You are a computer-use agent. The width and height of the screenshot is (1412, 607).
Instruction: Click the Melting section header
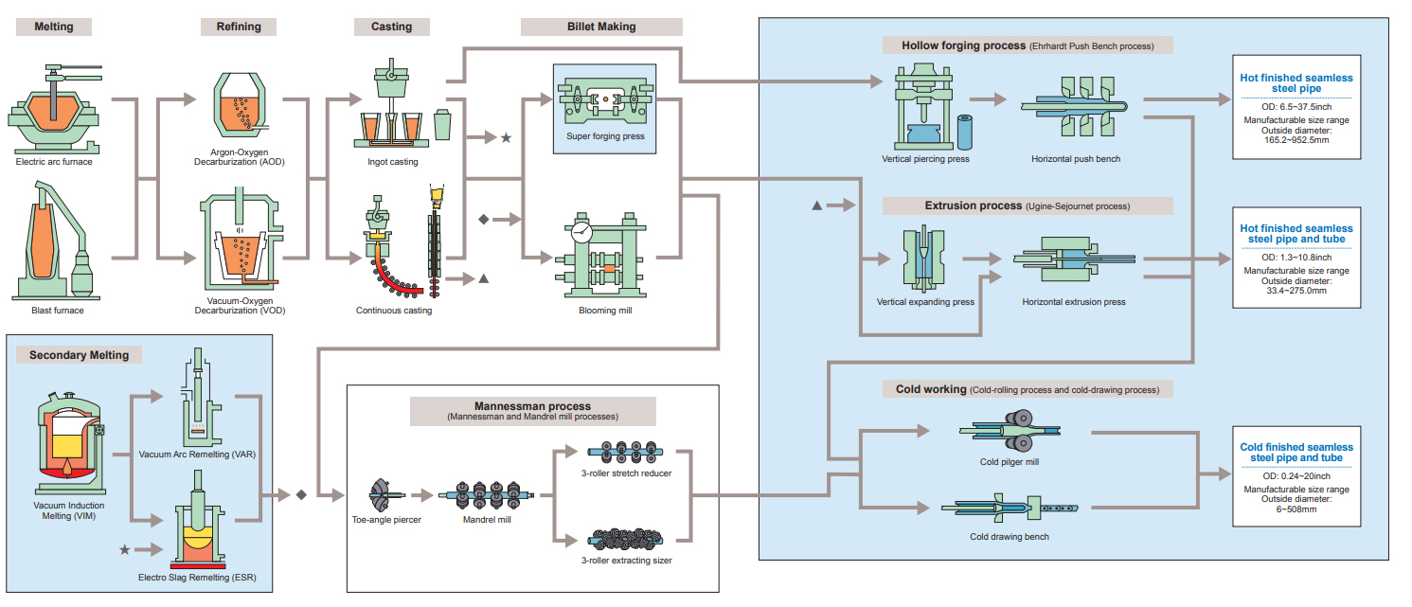[x=54, y=27]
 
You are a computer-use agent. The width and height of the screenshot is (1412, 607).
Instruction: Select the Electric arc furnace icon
[x=53, y=108]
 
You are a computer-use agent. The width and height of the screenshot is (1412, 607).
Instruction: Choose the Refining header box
[x=239, y=27]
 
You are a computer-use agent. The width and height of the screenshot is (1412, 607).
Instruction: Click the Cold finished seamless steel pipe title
[x=1296, y=453]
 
